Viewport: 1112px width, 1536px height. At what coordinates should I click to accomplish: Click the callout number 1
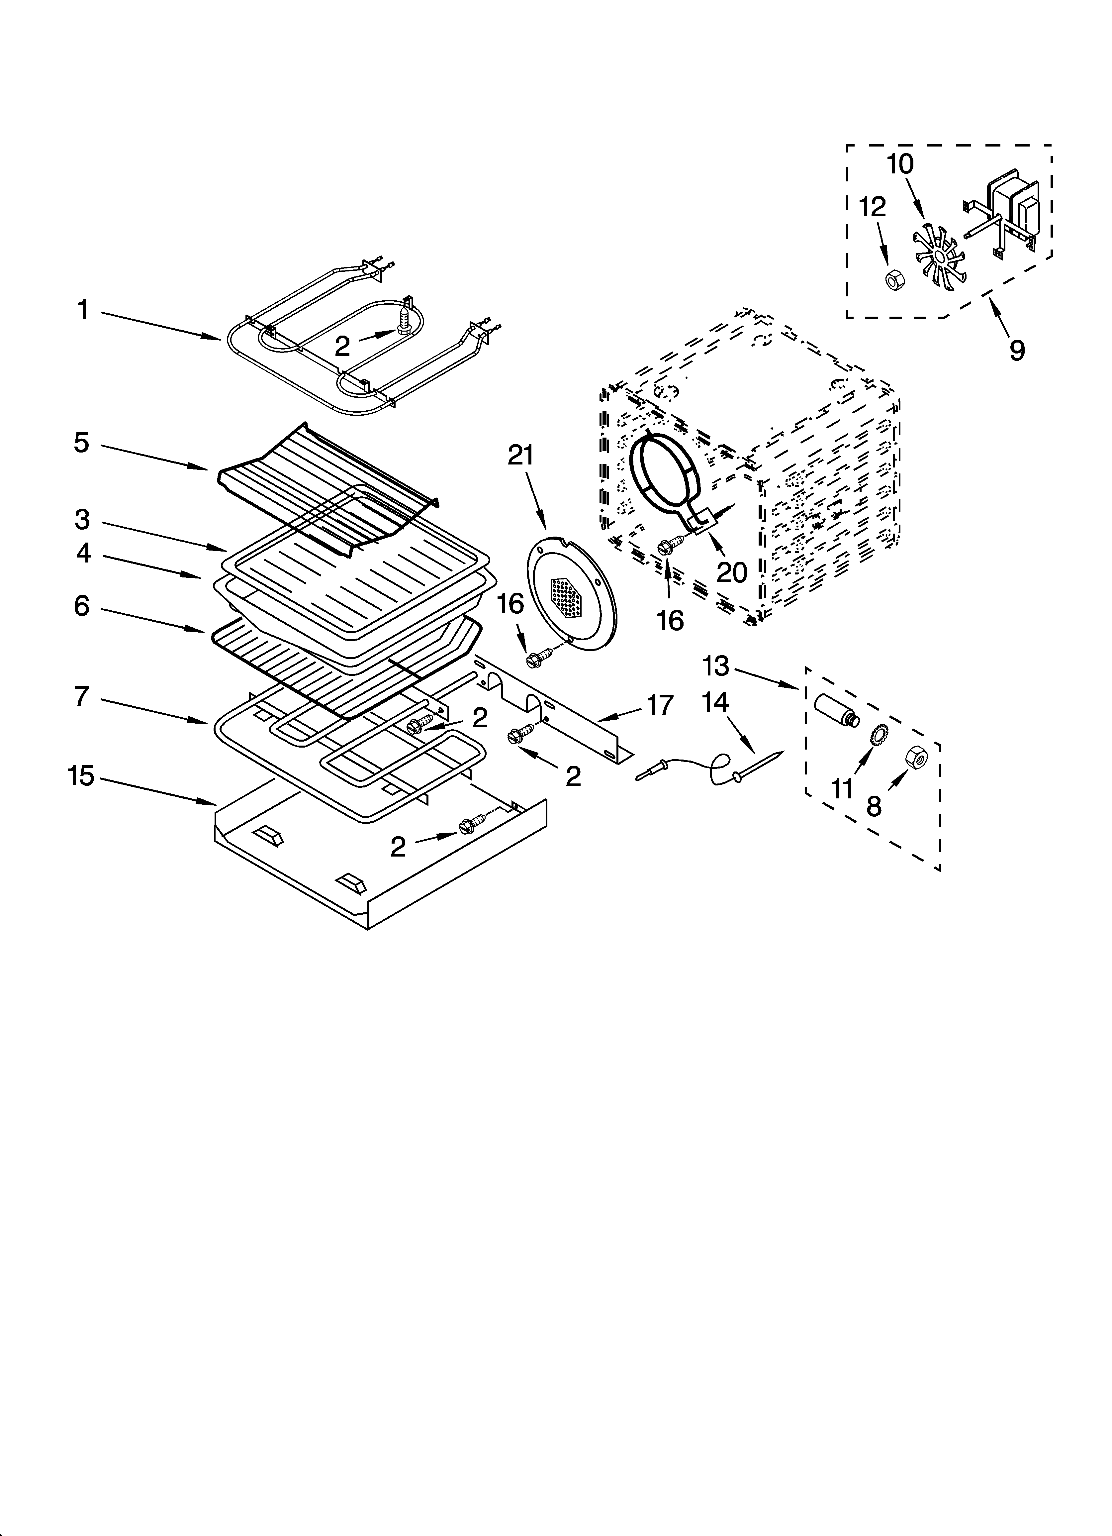coord(83,311)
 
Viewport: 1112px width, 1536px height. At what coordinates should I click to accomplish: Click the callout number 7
coord(81,696)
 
